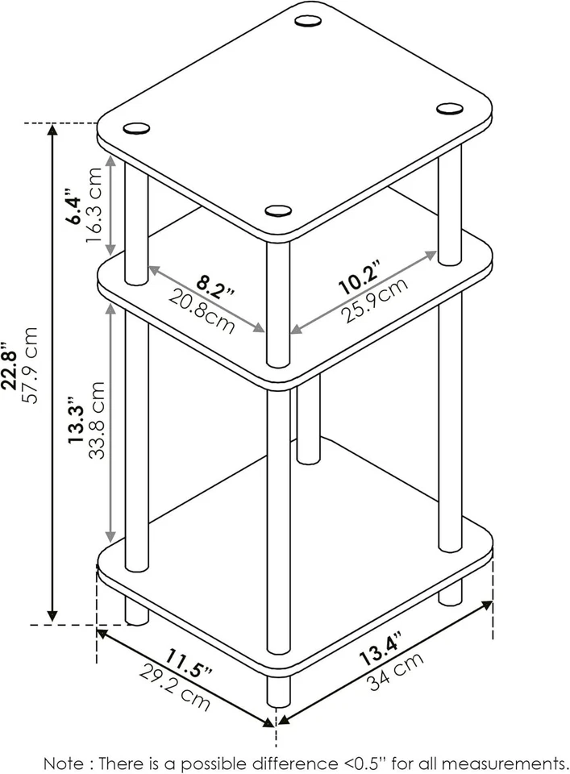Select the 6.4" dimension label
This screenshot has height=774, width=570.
tap(74, 209)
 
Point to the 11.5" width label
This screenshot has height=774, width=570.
tap(190, 662)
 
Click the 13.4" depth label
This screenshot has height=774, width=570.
tap(380, 649)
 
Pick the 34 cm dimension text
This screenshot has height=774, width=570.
tap(396, 672)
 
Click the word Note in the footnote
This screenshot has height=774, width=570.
tap(62, 762)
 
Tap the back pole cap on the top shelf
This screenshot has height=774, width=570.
tap(307, 21)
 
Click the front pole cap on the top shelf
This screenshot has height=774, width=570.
tap(278, 211)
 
